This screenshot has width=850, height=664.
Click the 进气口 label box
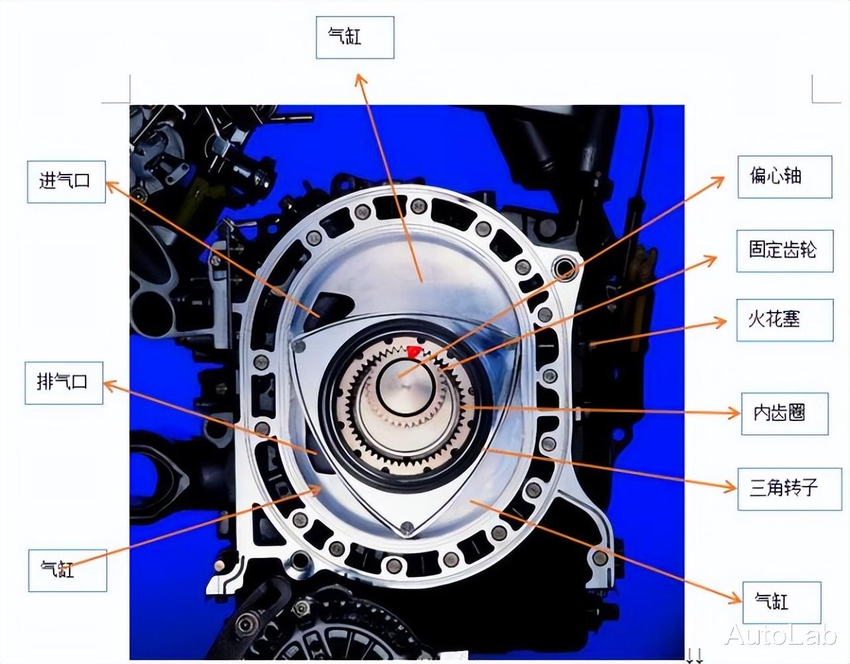[x=66, y=182]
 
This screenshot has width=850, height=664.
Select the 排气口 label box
[x=64, y=383]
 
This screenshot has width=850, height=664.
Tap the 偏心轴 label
[x=785, y=177]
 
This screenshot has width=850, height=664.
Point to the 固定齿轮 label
[x=785, y=251]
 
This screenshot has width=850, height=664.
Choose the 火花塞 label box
[x=785, y=320]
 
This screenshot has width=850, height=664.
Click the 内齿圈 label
[x=785, y=414]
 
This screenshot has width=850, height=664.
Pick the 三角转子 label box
[x=790, y=489]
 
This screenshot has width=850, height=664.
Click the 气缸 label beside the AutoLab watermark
[x=782, y=603]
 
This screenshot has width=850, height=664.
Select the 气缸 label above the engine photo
[x=355, y=38]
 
